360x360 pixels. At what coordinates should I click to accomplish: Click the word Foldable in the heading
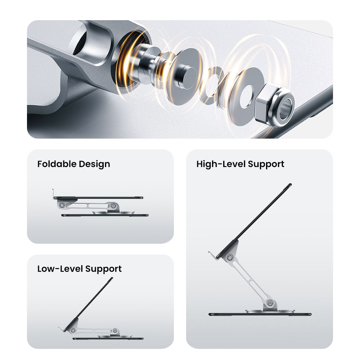tap(57, 164)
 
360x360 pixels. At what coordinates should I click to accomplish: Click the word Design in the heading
tap(95, 165)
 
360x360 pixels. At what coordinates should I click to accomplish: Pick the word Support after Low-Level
tap(103, 269)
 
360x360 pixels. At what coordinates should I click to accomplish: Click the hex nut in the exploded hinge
tap(275, 105)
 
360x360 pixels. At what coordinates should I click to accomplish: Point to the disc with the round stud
tap(184, 76)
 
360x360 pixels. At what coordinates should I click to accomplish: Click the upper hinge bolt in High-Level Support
tap(230, 258)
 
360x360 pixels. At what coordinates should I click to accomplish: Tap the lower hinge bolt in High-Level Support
tap(270, 303)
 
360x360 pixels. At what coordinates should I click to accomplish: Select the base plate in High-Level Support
tap(260, 314)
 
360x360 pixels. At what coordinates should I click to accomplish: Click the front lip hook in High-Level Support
tap(213, 256)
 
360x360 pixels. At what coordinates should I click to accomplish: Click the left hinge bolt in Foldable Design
tap(62, 205)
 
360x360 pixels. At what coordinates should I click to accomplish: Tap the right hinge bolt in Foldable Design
tap(113, 206)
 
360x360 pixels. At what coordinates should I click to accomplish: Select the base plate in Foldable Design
tap(105, 215)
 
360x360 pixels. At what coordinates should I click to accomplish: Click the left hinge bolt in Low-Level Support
tap(73, 330)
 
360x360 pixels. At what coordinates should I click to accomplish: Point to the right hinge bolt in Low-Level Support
tap(115, 331)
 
